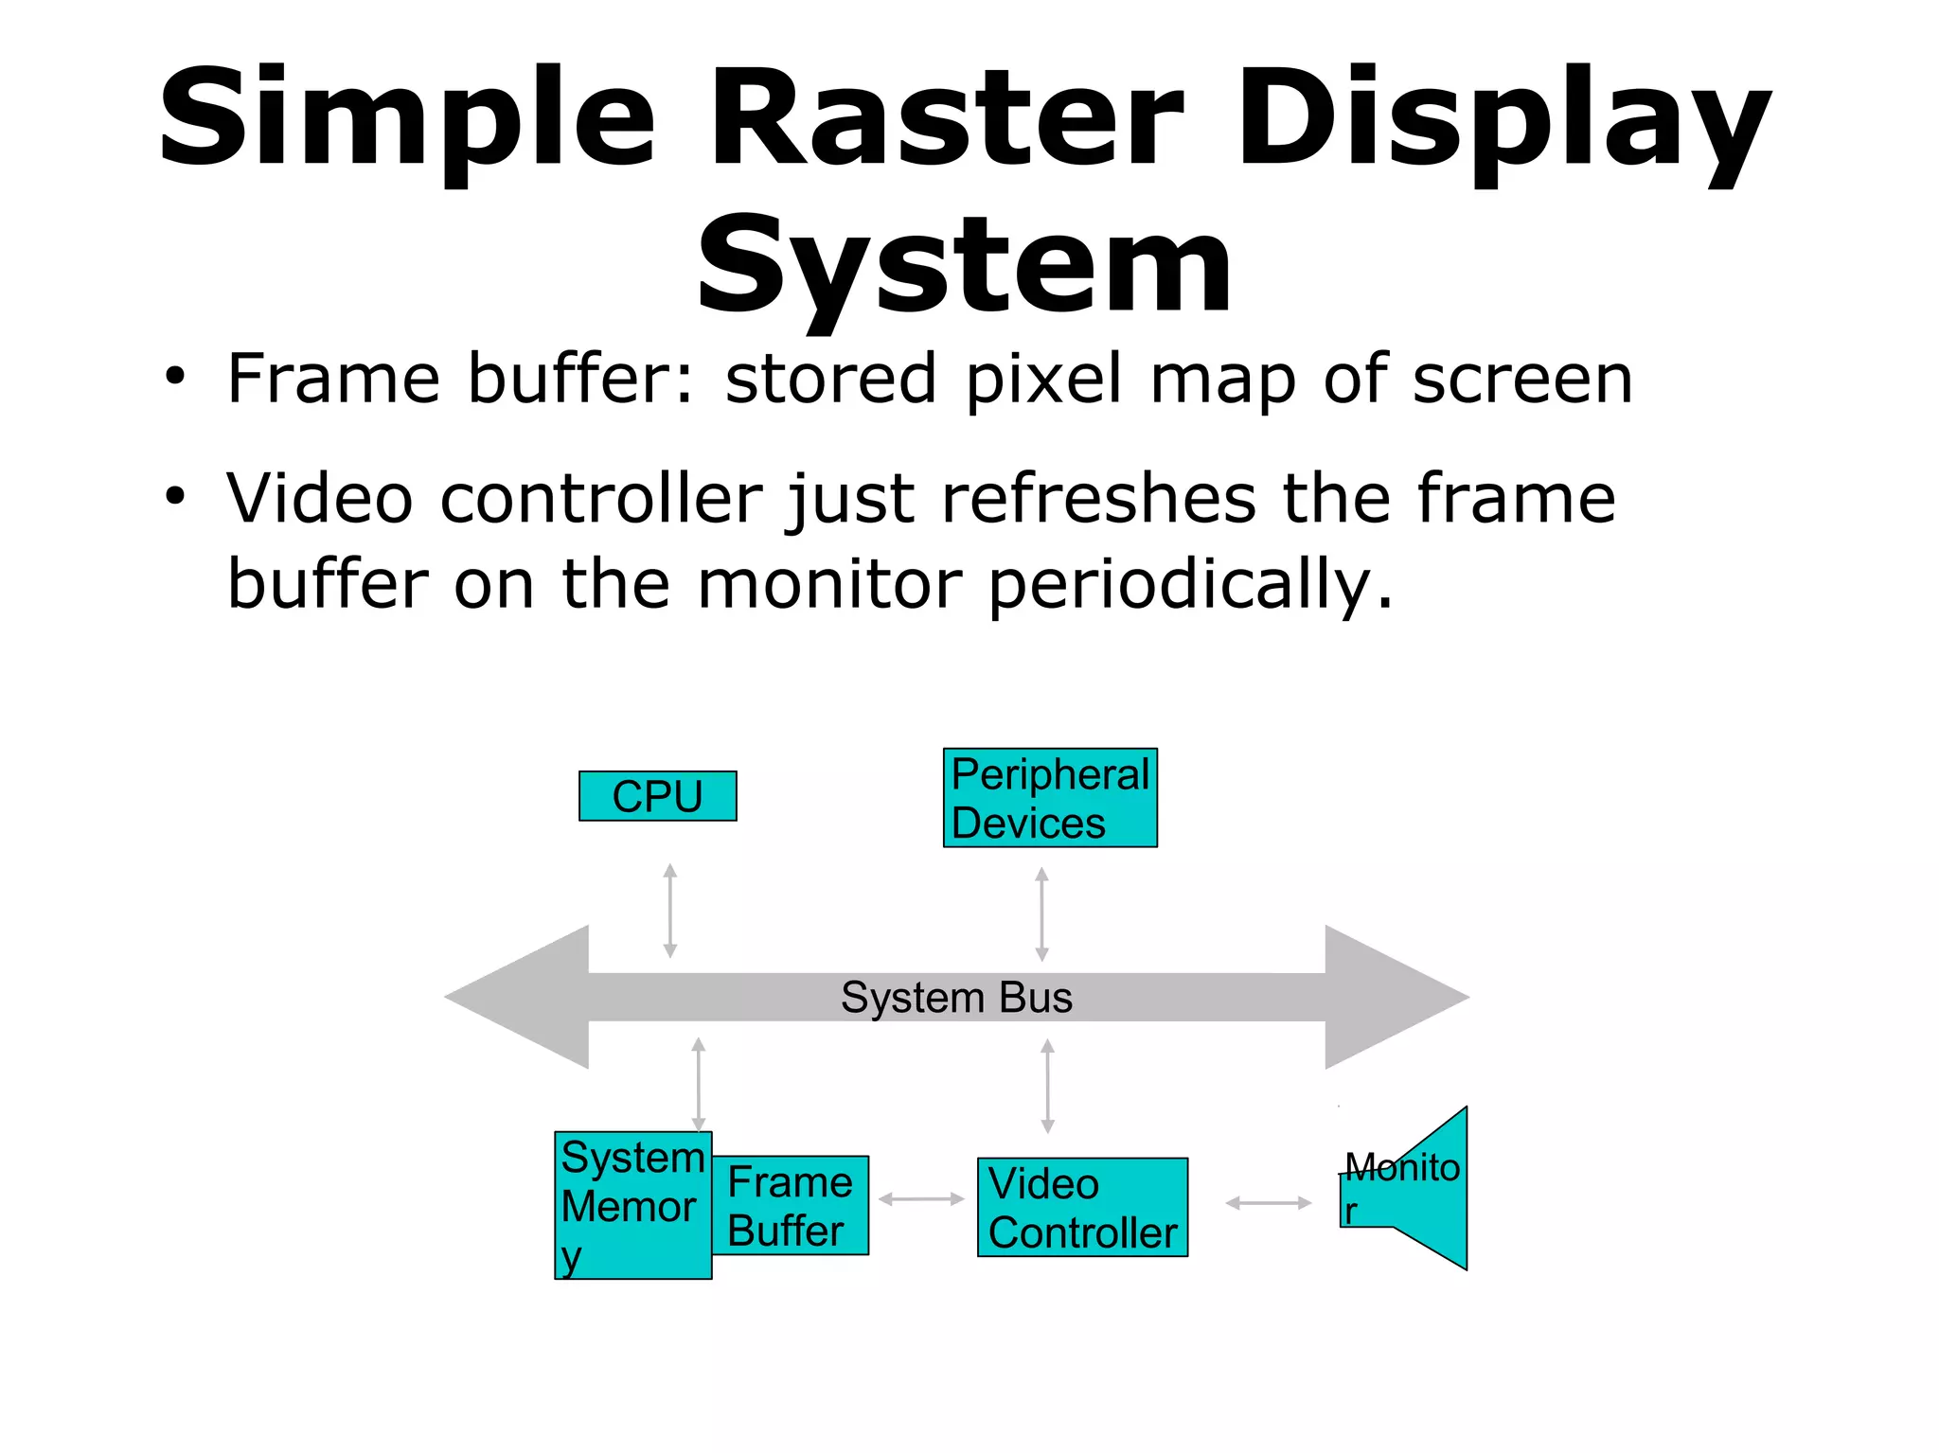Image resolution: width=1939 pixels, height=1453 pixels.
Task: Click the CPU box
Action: click(x=657, y=796)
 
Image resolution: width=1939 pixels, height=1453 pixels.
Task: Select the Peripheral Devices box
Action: click(x=1050, y=798)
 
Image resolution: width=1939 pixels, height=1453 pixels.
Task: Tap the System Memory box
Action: click(x=632, y=1206)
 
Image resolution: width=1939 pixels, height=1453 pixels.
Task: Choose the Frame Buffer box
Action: click(x=790, y=1206)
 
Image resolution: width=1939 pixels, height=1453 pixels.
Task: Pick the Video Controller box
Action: click(x=1082, y=1208)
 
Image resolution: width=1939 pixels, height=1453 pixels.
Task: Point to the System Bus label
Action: click(x=956, y=998)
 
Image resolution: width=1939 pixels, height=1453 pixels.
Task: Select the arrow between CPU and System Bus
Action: click(x=670, y=911)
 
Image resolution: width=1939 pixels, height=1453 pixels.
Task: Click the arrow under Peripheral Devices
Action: click(x=1041, y=914)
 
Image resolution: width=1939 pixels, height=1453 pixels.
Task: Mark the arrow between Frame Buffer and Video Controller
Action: click(x=921, y=1199)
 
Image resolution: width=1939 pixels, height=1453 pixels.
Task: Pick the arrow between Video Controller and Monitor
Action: click(x=1268, y=1203)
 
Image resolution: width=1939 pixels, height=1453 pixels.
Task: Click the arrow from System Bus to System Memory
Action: click(x=699, y=1085)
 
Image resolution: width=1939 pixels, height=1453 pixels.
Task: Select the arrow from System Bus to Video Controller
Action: click(x=1047, y=1087)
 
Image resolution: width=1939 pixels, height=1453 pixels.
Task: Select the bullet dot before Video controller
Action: click(x=174, y=495)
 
